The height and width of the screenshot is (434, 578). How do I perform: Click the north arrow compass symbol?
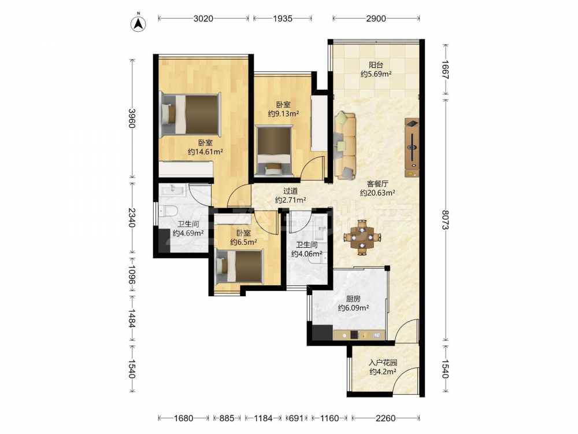139,23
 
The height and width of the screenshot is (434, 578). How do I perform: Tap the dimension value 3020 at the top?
203,19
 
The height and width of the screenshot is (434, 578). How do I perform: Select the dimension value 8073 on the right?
446,219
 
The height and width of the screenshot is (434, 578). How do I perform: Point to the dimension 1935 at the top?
283,19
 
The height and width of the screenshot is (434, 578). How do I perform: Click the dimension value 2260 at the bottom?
386,418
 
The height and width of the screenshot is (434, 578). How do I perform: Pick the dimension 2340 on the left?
132,218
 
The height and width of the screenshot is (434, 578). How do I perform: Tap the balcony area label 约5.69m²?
376,74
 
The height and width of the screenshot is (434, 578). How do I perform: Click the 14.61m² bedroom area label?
205,152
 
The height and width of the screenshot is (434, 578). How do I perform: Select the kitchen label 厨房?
354,299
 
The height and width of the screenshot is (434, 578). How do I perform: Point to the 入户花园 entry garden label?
383,363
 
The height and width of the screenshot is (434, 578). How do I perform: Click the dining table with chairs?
362,237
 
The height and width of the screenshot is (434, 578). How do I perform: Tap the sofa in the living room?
345,145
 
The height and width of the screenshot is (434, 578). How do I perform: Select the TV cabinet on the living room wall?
412,148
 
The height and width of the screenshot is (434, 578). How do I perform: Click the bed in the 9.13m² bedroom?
274,151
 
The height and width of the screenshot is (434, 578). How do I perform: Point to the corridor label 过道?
291,191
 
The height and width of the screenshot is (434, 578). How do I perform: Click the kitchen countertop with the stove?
359,335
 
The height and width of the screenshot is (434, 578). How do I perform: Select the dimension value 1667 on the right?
446,69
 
